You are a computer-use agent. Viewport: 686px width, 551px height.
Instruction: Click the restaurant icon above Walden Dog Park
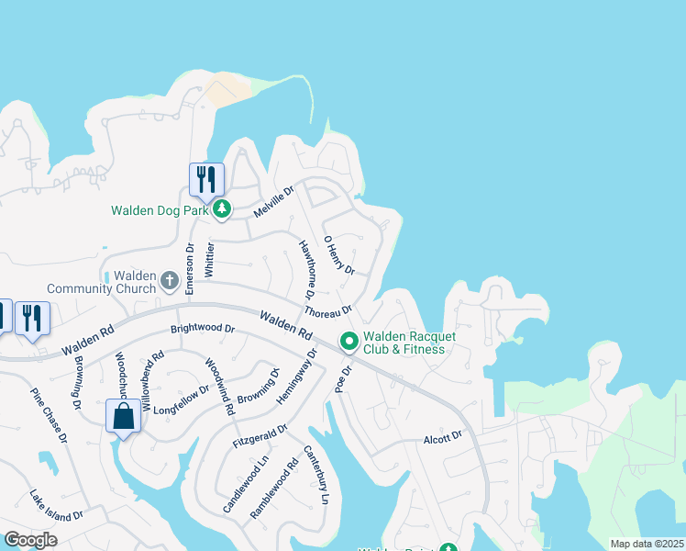pos(206,179)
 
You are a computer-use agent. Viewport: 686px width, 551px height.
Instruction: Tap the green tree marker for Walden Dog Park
pos(222,210)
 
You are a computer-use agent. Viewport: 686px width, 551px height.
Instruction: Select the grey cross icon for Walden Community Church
pos(169,278)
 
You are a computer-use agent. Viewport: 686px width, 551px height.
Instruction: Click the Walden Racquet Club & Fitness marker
pos(349,342)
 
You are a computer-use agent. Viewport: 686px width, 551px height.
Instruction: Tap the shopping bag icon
pos(124,417)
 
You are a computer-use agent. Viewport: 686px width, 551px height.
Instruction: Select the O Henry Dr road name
pos(339,254)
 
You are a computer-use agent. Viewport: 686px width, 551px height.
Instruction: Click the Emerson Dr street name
pos(190,268)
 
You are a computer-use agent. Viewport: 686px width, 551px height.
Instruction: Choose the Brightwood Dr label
pos(203,328)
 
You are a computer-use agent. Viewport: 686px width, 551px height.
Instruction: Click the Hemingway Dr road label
pos(296,377)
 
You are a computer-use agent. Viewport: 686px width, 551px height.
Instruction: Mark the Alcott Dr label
pos(443,438)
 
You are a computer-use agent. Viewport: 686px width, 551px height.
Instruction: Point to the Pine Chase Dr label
pos(49,415)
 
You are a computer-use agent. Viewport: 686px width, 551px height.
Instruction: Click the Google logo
pos(30,540)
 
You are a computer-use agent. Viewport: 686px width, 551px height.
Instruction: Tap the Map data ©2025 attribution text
pos(647,544)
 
